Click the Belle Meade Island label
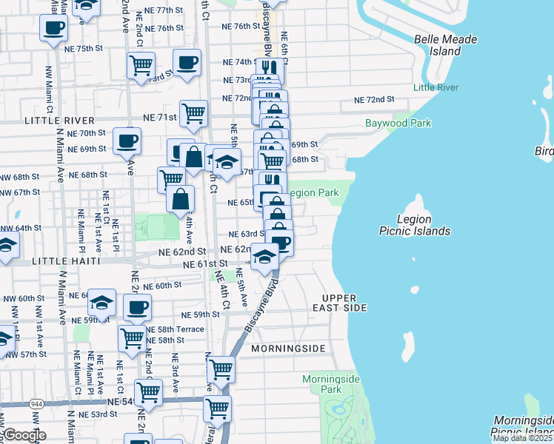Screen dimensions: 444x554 (x=445, y=46)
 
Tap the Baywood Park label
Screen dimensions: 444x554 (x=398, y=123)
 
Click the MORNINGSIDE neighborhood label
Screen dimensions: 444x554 (x=287, y=348)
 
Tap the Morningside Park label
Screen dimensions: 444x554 (x=331, y=384)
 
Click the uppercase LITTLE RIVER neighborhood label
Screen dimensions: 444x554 (x=59, y=121)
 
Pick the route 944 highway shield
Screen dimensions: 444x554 (x=36, y=405)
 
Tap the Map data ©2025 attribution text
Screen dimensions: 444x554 (x=522, y=438)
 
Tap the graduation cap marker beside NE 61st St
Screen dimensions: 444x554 (x=264, y=256)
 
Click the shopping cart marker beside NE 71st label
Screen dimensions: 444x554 (x=193, y=113)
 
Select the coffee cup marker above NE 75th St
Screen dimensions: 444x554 (x=54, y=29)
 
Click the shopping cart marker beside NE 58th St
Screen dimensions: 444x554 (x=132, y=337)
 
